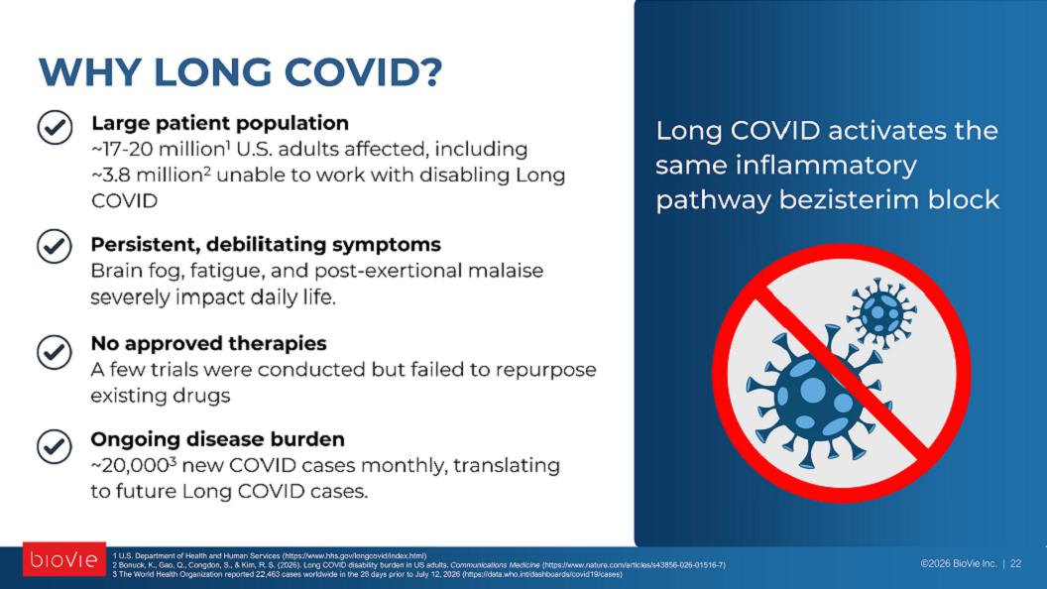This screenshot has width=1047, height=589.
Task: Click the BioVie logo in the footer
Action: [64, 559]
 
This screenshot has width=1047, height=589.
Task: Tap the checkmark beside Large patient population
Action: [55, 128]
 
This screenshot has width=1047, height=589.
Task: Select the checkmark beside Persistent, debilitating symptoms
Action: [55, 247]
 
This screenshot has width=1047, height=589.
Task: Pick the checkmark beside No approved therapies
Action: [55, 352]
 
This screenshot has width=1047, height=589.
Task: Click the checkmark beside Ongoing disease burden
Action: [55, 446]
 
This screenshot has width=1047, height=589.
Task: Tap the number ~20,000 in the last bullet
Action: [130, 465]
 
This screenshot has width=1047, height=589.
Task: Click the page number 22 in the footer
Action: [1015, 563]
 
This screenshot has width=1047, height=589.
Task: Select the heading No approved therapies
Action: [208, 343]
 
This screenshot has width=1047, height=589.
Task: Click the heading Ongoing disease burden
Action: [218, 438]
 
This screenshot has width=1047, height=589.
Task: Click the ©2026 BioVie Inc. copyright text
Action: [958, 563]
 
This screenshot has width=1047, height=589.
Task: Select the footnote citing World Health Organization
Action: [367, 574]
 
